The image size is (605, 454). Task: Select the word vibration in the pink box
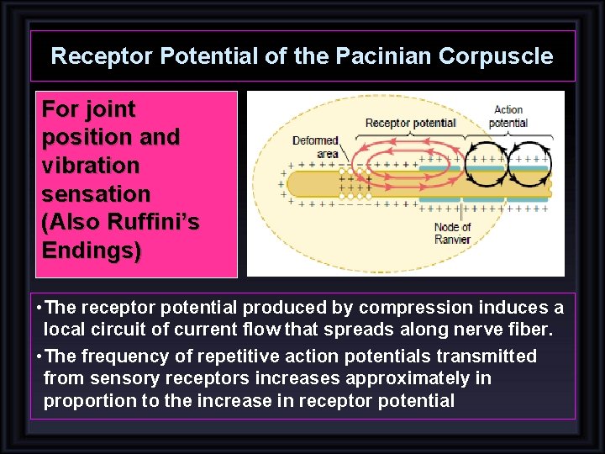90,165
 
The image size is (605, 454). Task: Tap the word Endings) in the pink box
92,251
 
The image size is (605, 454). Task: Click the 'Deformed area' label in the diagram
316,147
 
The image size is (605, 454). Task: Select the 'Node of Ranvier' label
452,233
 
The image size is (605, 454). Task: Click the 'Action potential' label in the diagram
508,116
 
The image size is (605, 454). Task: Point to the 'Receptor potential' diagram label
410,123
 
